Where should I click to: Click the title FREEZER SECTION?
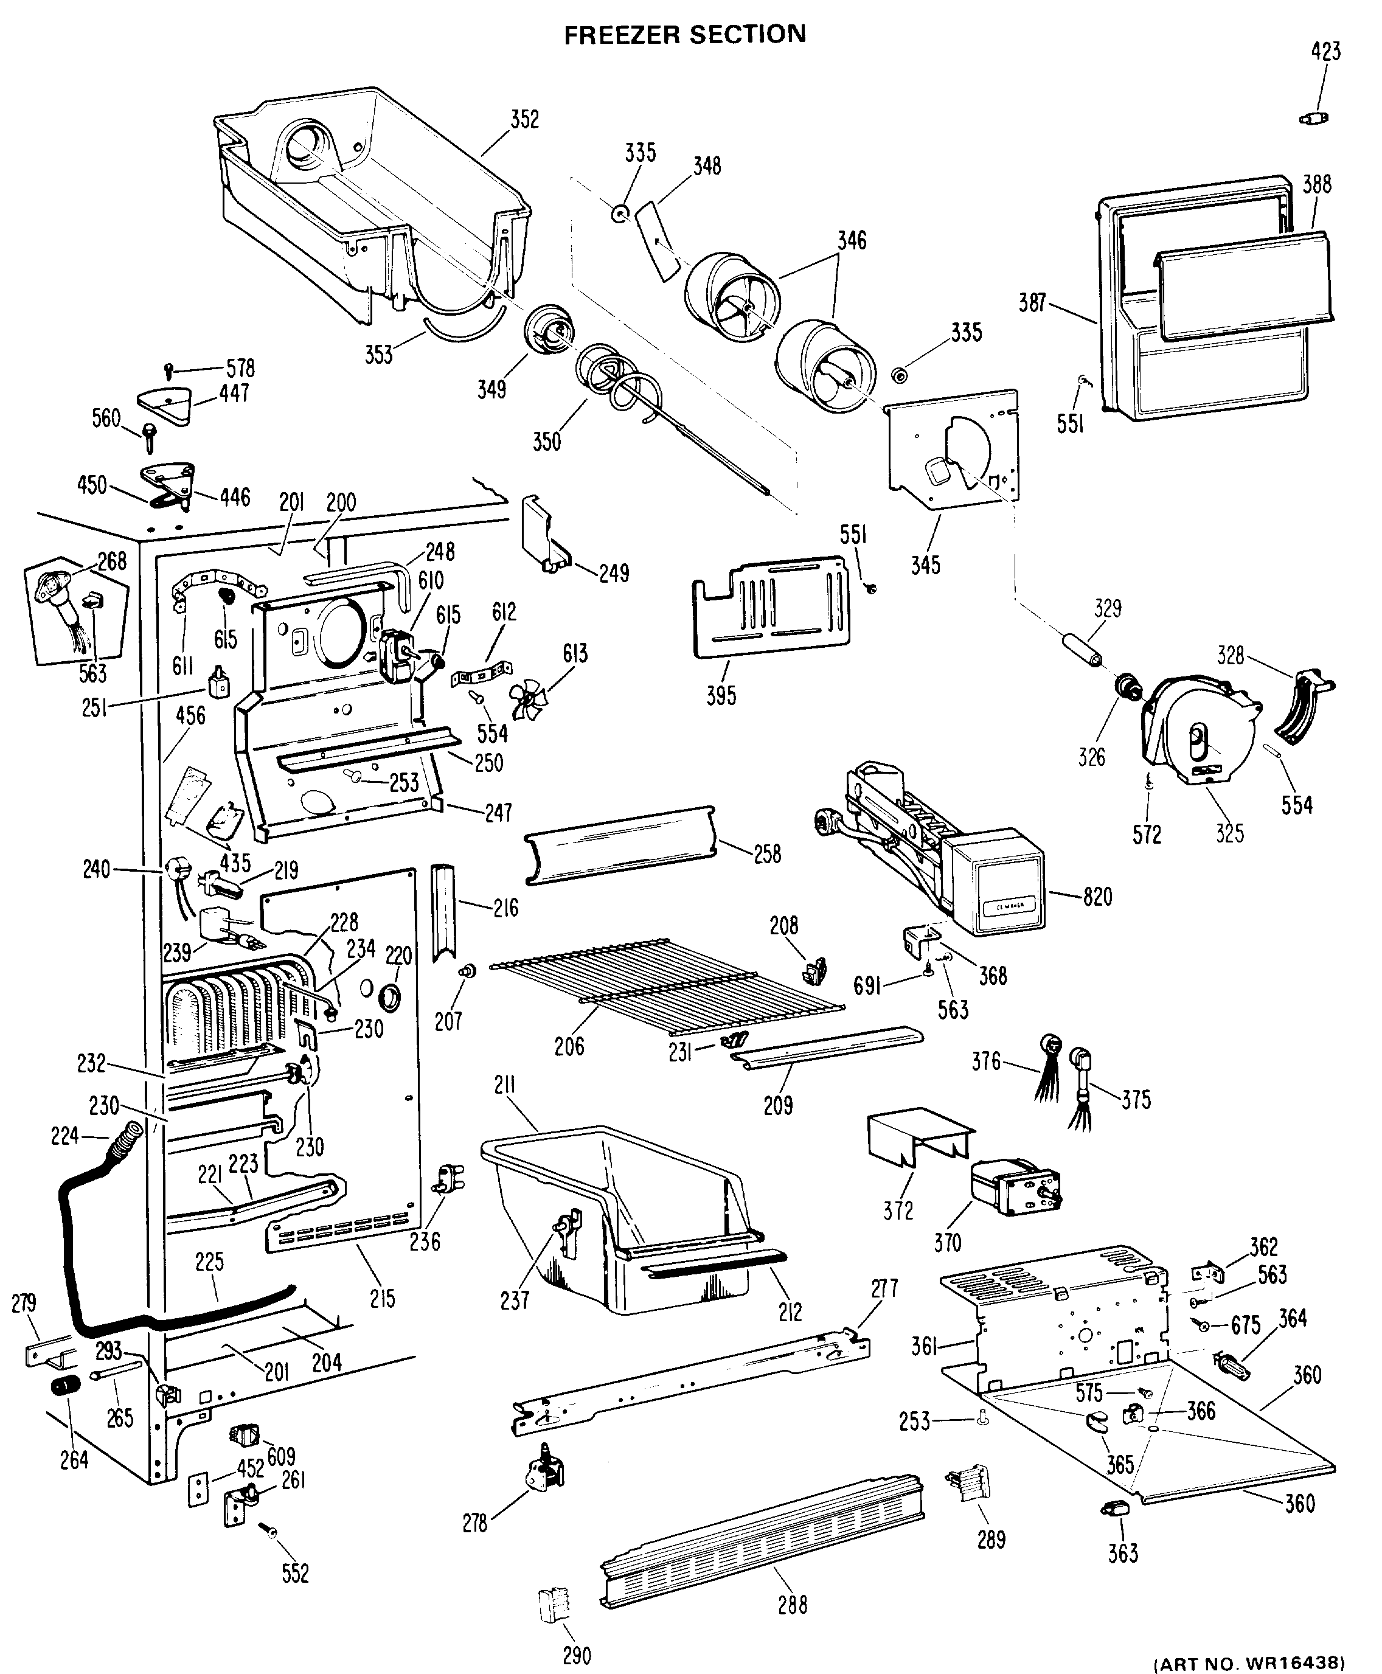tap(685, 34)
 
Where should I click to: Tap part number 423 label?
tap(1325, 52)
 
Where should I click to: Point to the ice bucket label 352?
tap(524, 119)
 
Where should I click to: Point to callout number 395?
tap(721, 696)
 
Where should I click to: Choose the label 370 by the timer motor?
tap(947, 1243)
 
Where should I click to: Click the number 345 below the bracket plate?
tap(926, 565)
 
